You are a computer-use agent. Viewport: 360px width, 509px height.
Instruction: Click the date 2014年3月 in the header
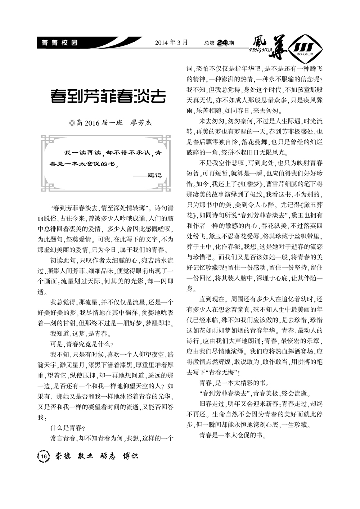click(x=171, y=42)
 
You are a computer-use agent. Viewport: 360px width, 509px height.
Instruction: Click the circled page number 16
click(x=43, y=456)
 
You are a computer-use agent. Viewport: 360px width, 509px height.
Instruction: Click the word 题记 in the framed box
click(x=155, y=175)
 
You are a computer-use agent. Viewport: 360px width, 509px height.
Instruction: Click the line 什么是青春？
click(x=68, y=428)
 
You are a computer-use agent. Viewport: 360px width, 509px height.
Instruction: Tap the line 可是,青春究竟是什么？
click(x=82, y=343)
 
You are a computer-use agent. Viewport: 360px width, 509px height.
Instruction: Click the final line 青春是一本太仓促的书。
click(x=233, y=435)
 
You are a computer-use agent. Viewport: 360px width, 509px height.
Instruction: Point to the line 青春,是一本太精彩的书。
click(x=234, y=382)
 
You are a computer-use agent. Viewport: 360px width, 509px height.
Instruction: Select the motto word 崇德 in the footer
click(x=63, y=456)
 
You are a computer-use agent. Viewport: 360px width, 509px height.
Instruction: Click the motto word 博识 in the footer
click(x=130, y=456)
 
